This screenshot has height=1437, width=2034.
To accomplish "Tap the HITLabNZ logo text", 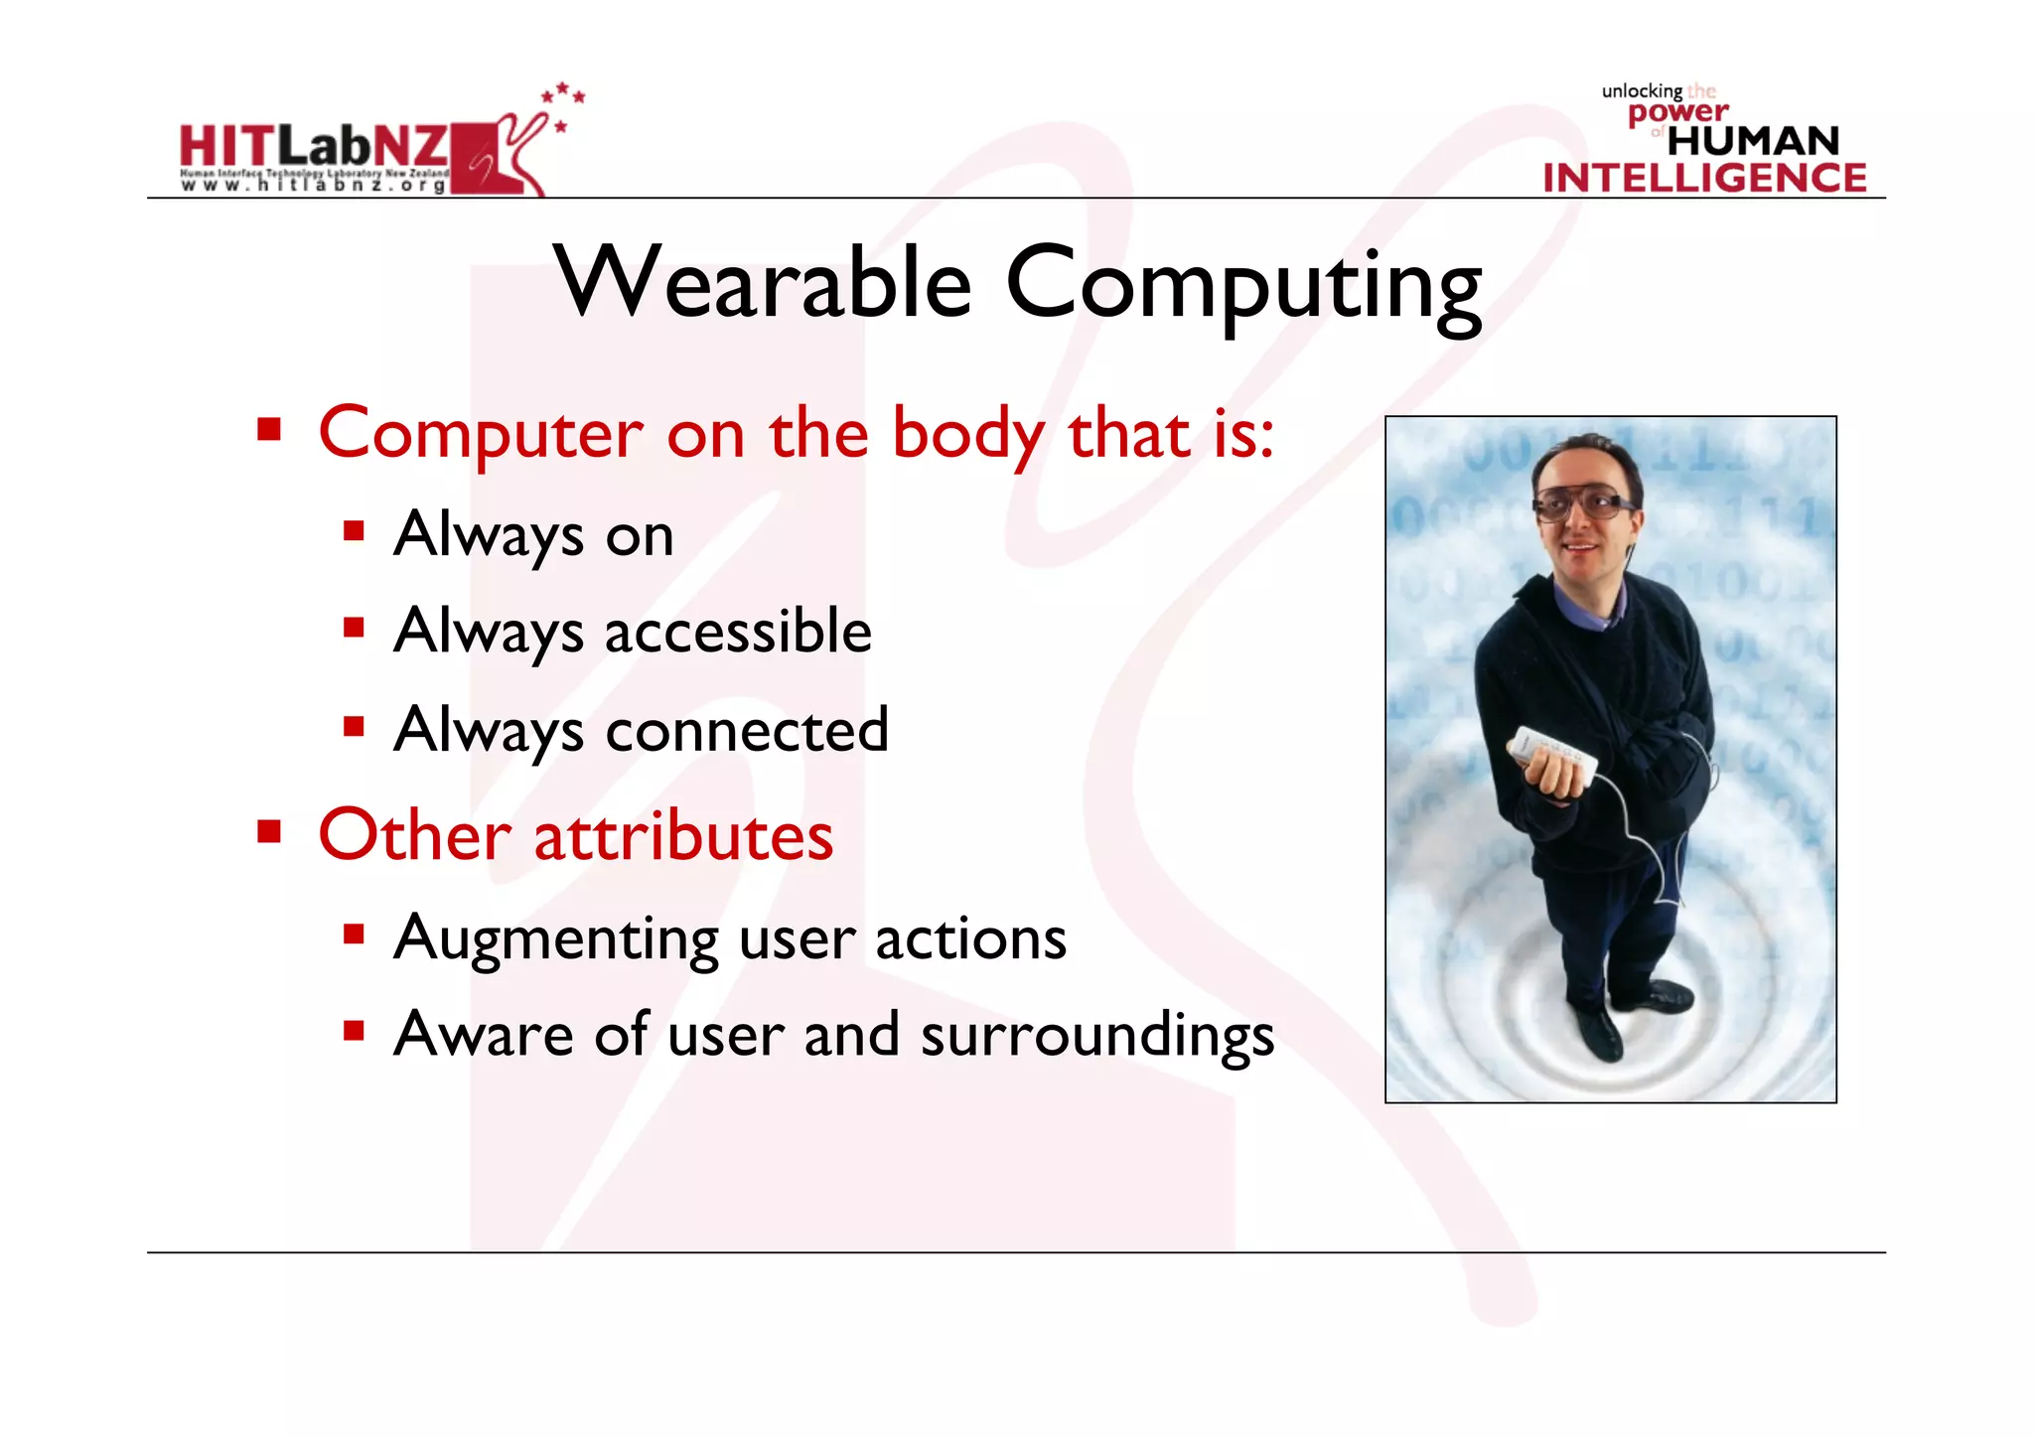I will click(x=313, y=147).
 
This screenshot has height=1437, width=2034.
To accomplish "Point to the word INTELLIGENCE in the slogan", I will click(x=1704, y=178).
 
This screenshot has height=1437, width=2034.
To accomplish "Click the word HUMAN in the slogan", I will click(x=1753, y=141).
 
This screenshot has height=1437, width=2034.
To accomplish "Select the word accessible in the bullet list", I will click(x=738, y=631).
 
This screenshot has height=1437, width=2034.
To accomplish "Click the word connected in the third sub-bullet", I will click(x=747, y=729).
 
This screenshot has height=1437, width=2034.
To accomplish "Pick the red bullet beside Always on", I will click(x=354, y=531).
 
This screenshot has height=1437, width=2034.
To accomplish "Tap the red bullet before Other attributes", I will click(x=268, y=830).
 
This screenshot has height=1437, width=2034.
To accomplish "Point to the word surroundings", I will click(x=1097, y=1035).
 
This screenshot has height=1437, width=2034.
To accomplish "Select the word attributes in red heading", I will click(x=683, y=835).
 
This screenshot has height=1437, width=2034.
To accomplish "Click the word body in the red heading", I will click(x=967, y=434).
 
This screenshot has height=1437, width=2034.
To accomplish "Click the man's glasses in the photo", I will click(x=1585, y=506).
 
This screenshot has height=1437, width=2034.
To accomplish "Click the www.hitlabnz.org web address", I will click(x=313, y=185).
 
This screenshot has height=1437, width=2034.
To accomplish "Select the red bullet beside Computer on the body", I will click(x=268, y=430).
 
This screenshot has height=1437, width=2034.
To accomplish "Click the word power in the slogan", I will click(x=1677, y=112).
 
